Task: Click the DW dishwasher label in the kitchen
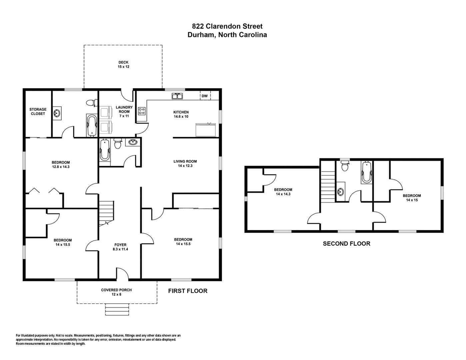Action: pos(205,96)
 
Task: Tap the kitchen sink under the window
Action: pos(177,96)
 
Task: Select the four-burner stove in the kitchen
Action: pos(142,111)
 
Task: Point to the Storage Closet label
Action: pos(38,111)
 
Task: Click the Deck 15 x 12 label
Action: pos(124,65)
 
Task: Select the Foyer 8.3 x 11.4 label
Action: pos(120,247)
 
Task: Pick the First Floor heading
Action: pos(188,291)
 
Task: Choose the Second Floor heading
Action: pos(347,244)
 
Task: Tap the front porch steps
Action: pos(117,309)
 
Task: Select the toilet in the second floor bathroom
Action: pos(345,165)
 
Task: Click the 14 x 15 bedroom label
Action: pos(412,198)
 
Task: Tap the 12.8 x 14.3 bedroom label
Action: pos(61,165)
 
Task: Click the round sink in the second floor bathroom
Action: pos(340,191)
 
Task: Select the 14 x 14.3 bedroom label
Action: pos(283,192)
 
